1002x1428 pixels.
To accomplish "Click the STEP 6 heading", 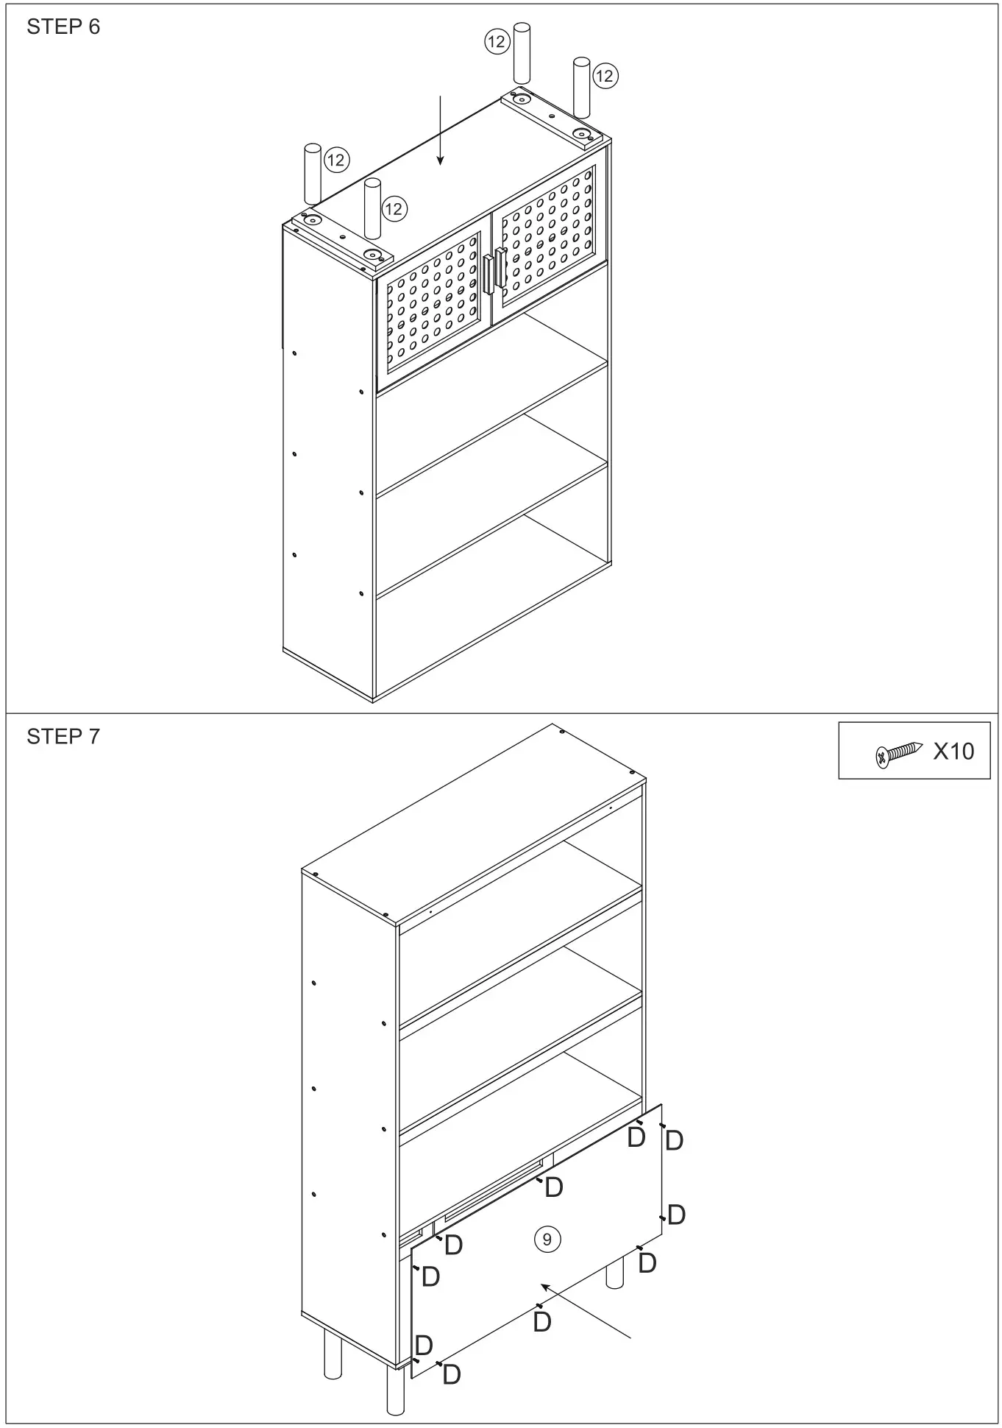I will pos(63,27).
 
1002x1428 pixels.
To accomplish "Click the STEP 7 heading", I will pos(63,737).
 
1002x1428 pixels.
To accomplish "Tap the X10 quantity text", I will pos(953,752).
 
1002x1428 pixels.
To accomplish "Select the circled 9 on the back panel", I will pos(547,1240).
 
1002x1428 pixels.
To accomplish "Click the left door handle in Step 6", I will pos(488,273).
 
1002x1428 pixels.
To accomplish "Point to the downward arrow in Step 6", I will pos(440,129).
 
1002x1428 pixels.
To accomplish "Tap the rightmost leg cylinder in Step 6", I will pos(582,86).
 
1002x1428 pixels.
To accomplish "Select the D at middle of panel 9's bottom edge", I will pos(542,1322).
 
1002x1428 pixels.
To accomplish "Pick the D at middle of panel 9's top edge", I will pos(553,1187).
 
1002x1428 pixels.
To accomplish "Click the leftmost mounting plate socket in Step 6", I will pos(313,220).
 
